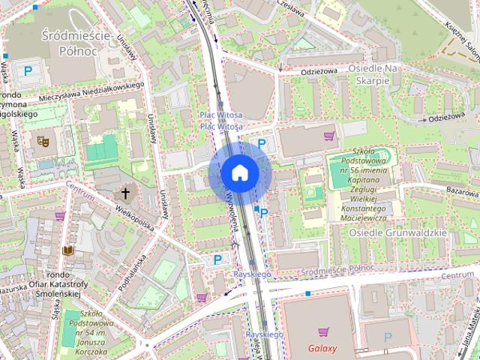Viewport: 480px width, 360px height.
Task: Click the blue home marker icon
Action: coord(239,173)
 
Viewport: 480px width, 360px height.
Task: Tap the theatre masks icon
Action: coord(43,139)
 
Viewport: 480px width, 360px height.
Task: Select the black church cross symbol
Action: coord(126,194)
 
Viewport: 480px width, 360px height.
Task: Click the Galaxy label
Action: coord(322,349)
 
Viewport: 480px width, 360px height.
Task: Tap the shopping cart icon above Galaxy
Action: coord(322,331)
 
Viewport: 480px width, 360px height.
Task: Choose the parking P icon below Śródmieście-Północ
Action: coord(28,71)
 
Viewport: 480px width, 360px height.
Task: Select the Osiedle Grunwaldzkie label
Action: coord(397,232)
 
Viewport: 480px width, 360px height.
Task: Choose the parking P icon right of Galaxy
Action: coord(388,337)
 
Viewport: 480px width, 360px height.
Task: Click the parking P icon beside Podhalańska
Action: coord(217,259)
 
